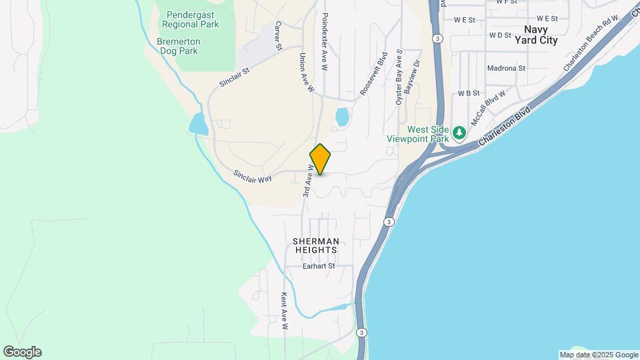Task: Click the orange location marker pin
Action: click(321, 159)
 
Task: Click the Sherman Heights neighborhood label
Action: click(316, 245)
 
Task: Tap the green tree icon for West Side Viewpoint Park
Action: click(459, 133)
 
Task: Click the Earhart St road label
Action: click(318, 266)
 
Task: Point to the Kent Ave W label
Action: click(284, 311)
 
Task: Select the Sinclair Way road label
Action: click(252, 177)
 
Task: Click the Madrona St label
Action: click(507, 68)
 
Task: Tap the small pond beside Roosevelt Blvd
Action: click(342, 117)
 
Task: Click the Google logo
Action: click(22, 352)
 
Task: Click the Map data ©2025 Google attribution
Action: click(599, 355)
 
